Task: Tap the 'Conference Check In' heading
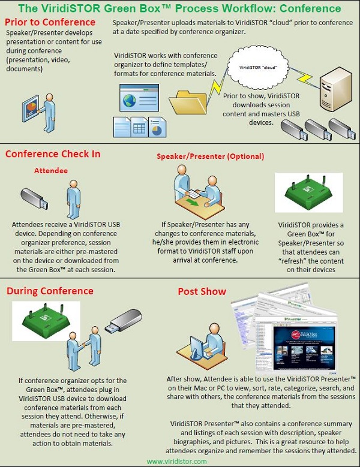[53, 154]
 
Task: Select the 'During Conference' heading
[50, 291]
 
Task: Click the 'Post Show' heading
[202, 291]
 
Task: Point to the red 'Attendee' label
[50, 170]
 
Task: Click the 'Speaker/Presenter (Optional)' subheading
[210, 156]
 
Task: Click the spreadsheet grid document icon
[140, 127]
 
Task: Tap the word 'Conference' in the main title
[306, 9]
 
